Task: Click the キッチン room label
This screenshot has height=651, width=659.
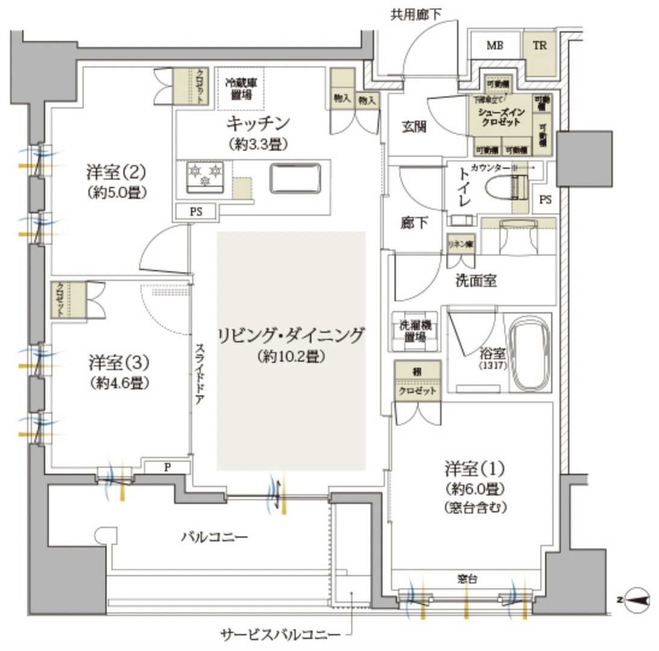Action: pos(258,124)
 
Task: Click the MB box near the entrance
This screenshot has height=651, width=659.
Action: pos(495,46)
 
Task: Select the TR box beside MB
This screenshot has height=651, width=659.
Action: pos(539,46)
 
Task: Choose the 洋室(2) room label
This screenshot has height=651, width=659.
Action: pos(114,172)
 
